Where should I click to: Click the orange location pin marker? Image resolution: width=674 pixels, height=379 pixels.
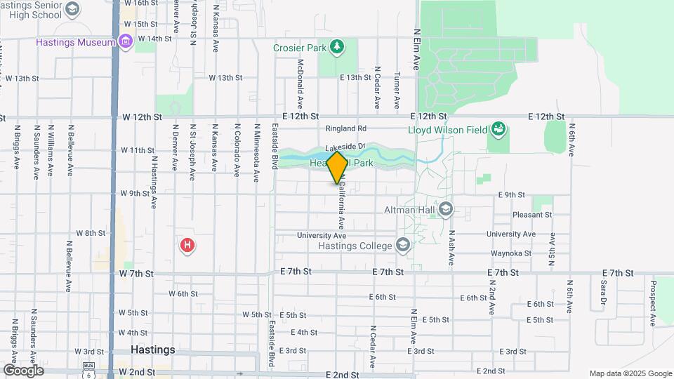(337, 167)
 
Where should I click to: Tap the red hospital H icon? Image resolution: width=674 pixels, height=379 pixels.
(187, 245)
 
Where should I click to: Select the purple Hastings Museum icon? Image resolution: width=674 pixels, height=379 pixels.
(126, 42)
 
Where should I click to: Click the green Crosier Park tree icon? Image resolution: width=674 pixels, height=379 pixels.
(338, 47)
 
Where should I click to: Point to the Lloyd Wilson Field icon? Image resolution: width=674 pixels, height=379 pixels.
(498, 128)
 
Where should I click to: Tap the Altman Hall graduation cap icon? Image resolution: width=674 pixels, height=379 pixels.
(445, 209)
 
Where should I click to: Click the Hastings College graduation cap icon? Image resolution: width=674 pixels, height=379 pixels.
(402, 245)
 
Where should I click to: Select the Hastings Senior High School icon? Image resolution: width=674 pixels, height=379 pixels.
(72, 8)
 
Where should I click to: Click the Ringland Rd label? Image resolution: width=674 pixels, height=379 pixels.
(346, 128)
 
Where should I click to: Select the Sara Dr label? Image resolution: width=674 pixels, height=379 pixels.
(602, 293)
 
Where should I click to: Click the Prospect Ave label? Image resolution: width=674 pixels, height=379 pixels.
(652, 303)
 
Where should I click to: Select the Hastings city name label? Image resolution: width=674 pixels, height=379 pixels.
(152, 350)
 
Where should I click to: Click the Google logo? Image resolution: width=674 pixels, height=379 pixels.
(23, 370)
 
